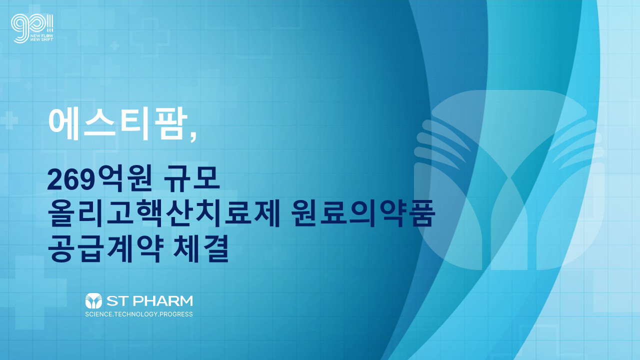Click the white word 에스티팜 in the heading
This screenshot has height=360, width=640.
(118, 125)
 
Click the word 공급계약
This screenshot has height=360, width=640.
(105, 248)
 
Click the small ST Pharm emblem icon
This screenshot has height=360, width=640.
(93, 300)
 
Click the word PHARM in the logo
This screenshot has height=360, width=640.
(163, 301)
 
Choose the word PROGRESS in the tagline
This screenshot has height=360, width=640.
(176, 314)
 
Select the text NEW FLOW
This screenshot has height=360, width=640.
(41, 36)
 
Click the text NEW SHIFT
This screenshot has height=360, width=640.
(41, 39)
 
